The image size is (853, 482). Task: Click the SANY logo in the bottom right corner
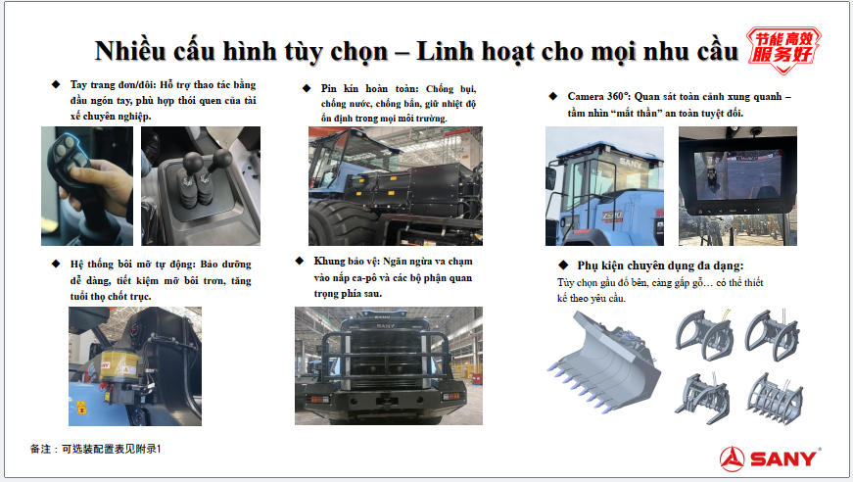coord(771,458)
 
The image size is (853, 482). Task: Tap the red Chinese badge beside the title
coord(785,46)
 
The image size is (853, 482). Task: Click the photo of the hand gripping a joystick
coord(86,185)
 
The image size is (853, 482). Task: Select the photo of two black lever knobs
coord(201,185)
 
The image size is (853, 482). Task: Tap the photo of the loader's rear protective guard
coord(389,365)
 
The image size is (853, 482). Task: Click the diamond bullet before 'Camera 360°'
coord(554,96)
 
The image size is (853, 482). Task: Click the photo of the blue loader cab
coord(604,186)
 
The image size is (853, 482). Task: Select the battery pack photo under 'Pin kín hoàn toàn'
coord(395,186)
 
